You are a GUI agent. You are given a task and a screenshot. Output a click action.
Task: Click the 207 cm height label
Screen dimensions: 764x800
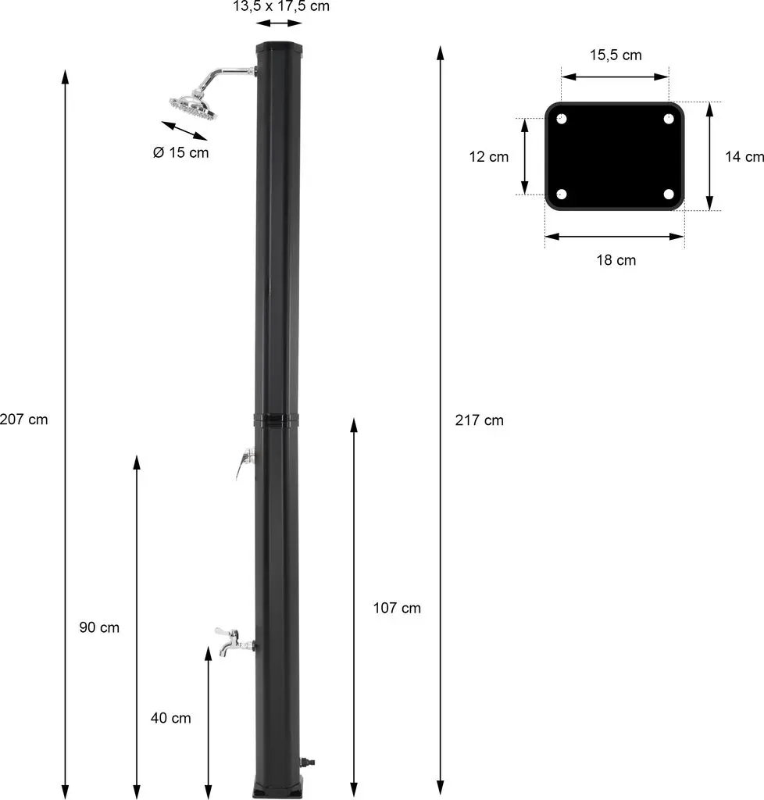tap(23, 420)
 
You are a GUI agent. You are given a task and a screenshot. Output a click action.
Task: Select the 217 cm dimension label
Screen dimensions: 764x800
tap(480, 420)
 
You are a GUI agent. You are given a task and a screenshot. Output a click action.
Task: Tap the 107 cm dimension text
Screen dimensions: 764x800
tap(397, 608)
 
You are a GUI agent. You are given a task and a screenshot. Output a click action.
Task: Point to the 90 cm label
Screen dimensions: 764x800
tap(99, 627)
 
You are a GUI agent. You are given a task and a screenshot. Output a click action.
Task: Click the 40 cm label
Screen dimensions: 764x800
tap(171, 718)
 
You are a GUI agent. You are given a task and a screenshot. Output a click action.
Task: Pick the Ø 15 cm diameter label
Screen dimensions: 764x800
tap(181, 152)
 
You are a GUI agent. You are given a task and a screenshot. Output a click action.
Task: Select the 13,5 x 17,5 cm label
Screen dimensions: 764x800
tap(281, 6)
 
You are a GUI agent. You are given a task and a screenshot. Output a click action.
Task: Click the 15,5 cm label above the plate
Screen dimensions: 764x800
tap(616, 55)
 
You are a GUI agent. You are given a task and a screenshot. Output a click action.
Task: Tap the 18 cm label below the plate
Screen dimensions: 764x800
tap(616, 259)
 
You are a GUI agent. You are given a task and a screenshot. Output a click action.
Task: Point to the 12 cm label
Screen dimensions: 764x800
tap(488, 156)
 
